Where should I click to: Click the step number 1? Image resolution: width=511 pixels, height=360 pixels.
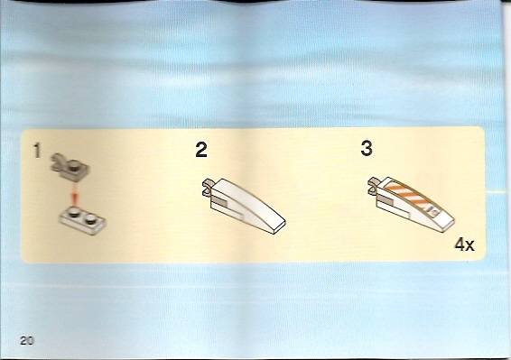[37, 151]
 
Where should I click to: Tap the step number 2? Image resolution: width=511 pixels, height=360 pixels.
[201, 150]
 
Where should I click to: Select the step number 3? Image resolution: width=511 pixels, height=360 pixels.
[367, 148]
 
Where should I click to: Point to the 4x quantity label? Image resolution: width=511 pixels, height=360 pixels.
[464, 245]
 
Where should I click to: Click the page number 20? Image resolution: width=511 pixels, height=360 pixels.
[27, 341]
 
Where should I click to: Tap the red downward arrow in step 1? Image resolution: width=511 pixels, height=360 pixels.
[75, 194]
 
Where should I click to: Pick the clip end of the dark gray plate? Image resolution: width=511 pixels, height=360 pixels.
[57, 160]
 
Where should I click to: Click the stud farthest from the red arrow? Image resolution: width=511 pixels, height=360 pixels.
[90, 219]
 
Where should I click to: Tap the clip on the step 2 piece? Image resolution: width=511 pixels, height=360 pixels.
[208, 187]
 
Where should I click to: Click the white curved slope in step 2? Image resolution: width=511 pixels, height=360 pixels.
[247, 206]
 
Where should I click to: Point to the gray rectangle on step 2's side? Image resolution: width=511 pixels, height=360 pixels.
[220, 204]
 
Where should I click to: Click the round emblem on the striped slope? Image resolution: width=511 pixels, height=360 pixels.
[435, 212]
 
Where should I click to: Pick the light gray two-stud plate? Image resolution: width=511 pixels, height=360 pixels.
[82, 220]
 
